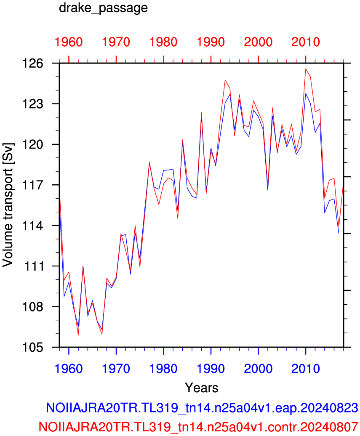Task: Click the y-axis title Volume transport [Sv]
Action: pos(8,205)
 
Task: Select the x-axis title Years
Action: pos(201,388)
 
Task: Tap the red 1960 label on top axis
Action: pos(69,42)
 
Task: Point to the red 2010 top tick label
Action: pos(306,42)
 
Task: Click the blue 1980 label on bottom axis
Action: pos(164,369)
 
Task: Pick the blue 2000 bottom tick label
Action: pos(258,369)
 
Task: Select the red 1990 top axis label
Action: pos(211,42)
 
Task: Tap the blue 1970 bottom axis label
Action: pos(116,369)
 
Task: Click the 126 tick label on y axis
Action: pos(33,64)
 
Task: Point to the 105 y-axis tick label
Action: pos(33,347)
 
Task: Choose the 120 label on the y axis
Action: pos(33,145)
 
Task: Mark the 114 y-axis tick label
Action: pos(33,226)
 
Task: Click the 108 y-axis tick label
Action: pos(33,307)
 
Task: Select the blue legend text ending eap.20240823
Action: pos(202,408)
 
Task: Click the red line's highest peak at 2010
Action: pos(306,69)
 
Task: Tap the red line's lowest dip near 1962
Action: pos(78,335)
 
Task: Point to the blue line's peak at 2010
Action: pos(306,93)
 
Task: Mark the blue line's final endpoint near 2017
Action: pos(339,234)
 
